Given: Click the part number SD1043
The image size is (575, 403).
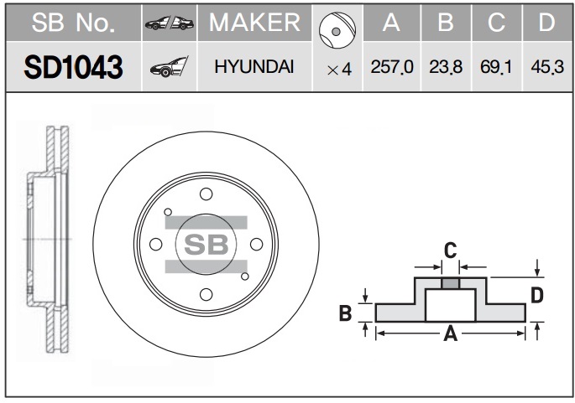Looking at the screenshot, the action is (x=73, y=67).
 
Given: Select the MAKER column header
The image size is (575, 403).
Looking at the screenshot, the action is (x=255, y=23).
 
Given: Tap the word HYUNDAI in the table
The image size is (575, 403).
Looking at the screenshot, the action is (x=254, y=67).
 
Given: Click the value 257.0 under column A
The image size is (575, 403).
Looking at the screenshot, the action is (x=392, y=67).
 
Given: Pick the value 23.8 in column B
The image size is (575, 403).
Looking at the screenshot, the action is (x=446, y=67).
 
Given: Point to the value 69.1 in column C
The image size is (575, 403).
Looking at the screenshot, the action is (x=496, y=67).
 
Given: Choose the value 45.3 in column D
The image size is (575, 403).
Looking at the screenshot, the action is (x=547, y=67).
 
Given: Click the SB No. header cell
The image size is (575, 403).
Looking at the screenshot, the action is (x=73, y=23).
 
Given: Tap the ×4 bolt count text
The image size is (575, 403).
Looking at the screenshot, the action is (x=339, y=70).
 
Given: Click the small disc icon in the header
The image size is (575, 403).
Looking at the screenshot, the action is (x=337, y=30).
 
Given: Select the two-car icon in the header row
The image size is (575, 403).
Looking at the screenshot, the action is (x=170, y=23).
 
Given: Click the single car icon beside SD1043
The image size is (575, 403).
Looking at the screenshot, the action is (x=169, y=67).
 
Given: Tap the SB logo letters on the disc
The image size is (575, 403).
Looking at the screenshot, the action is (x=206, y=245).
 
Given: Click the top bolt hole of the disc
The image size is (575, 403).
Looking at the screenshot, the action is (x=206, y=194).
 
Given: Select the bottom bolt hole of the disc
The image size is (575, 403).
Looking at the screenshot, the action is (x=206, y=294).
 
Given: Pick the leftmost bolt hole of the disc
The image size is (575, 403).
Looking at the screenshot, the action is (x=156, y=244).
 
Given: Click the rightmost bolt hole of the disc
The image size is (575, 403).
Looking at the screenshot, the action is (x=256, y=244).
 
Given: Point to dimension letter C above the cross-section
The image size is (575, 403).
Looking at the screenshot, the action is (x=450, y=251).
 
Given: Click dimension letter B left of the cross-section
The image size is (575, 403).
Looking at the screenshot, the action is (x=346, y=313).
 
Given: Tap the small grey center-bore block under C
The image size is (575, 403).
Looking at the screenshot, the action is (x=450, y=283).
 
